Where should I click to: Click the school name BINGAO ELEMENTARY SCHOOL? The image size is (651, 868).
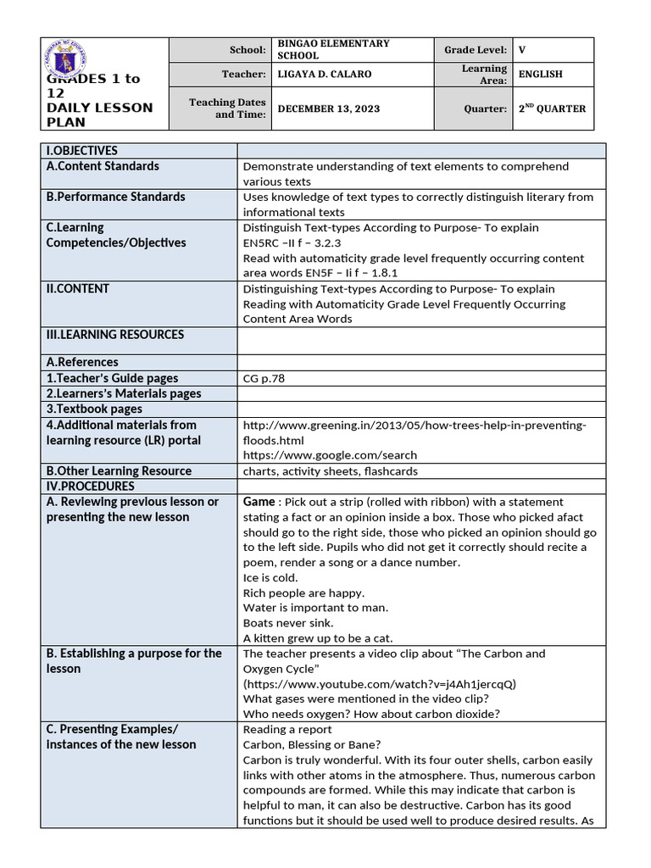(333, 49)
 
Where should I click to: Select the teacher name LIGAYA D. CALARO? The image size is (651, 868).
(325, 75)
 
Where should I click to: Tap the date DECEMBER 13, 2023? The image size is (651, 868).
(329, 108)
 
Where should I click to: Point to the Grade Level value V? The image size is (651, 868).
(523, 50)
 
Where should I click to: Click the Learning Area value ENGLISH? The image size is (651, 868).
(541, 75)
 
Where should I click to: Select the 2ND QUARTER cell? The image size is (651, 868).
(552, 108)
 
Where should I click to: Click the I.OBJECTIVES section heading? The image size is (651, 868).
(82, 151)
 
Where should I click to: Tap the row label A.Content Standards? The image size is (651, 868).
(103, 166)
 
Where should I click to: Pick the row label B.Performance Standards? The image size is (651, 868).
(115, 197)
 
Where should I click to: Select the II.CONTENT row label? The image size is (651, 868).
(78, 289)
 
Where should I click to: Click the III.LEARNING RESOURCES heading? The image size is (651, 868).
(115, 335)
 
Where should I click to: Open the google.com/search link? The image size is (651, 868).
(330, 455)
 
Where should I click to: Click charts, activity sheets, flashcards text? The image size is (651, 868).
(330, 471)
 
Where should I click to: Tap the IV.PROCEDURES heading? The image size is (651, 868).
(91, 487)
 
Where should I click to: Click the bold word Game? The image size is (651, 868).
(259, 502)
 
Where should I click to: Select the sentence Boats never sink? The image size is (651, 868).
(288, 623)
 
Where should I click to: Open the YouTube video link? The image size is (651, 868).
(379, 683)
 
